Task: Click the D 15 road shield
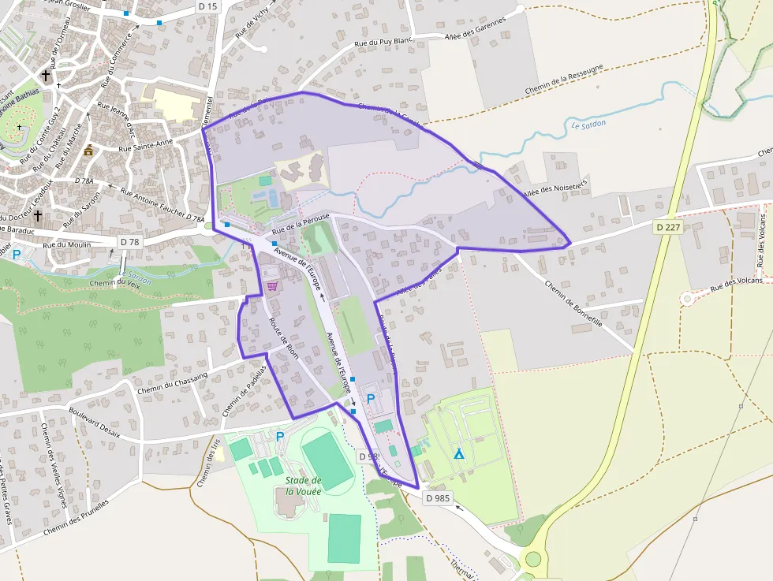[x=207, y=6]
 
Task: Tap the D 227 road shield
[x=667, y=227]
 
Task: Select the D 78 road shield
[x=129, y=241]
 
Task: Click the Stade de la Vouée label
[x=303, y=486]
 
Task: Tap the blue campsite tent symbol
[x=458, y=454]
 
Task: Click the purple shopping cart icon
[x=272, y=285]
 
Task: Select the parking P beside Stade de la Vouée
[x=279, y=436]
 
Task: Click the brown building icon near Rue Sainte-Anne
[x=88, y=150]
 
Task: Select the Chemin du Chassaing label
[x=172, y=382]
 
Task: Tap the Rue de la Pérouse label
[x=301, y=225]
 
